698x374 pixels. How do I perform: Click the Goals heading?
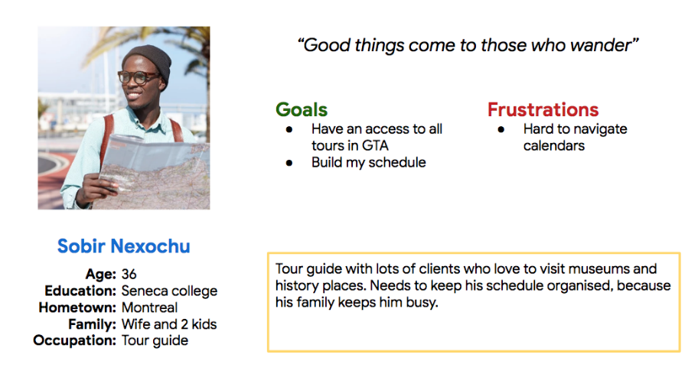[x=302, y=110]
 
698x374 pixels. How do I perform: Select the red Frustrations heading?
[x=543, y=110]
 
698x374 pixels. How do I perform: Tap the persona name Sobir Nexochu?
[x=124, y=246]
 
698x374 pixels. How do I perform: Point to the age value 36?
[x=129, y=274]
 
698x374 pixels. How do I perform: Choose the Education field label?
[x=80, y=291]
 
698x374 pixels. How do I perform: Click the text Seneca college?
[x=170, y=291]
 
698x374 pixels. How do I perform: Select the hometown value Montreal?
[x=149, y=307]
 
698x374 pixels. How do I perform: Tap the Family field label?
[x=92, y=324]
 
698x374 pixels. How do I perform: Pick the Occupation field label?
[x=75, y=340]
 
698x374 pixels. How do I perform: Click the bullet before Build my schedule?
[x=289, y=163]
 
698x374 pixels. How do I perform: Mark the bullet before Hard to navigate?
[x=501, y=129]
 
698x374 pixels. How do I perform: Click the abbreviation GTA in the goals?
[x=375, y=145]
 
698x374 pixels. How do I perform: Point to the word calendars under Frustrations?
[x=554, y=145]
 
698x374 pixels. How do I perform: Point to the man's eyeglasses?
[x=138, y=77]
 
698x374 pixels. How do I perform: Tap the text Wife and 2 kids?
[x=169, y=324]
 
